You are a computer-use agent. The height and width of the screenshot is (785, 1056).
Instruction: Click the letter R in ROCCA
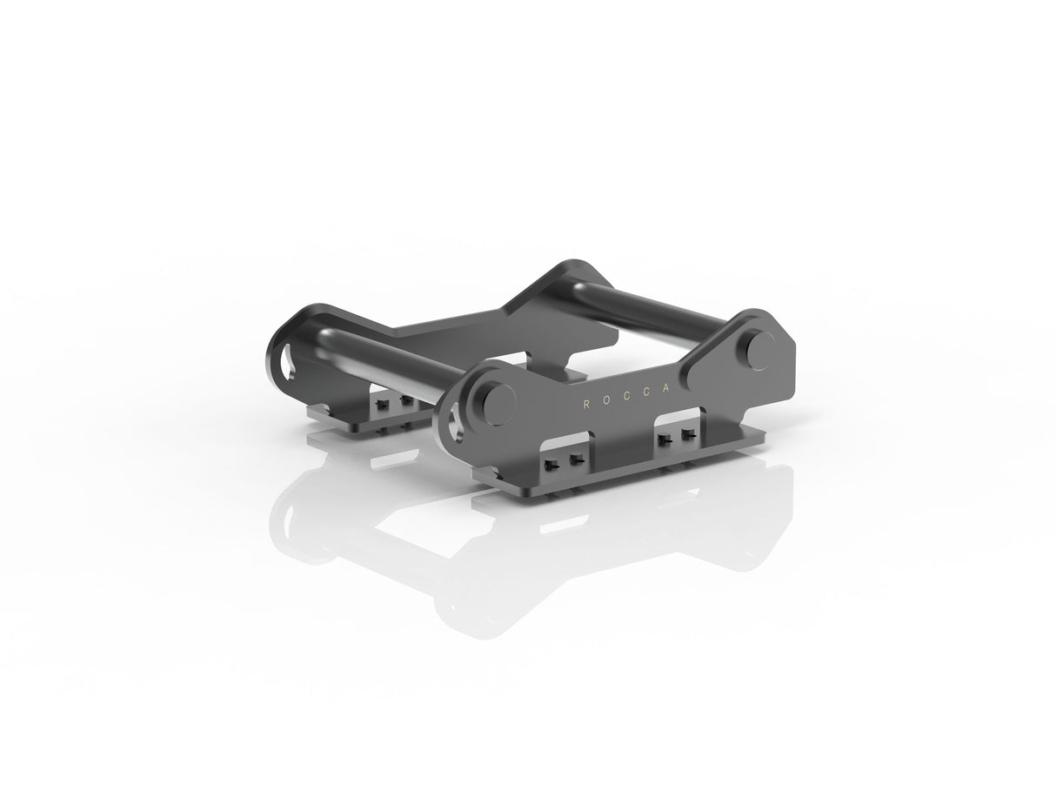(x=586, y=405)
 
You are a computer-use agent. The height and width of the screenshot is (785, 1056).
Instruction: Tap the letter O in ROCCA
(x=607, y=400)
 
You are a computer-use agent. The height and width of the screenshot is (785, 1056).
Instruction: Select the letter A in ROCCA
(x=666, y=389)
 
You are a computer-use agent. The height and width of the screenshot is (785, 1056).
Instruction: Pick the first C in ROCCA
(x=628, y=396)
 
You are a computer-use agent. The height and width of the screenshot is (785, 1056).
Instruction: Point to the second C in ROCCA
(x=647, y=392)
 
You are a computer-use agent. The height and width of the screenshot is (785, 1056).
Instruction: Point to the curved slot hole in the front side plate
(x=456, y=426)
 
